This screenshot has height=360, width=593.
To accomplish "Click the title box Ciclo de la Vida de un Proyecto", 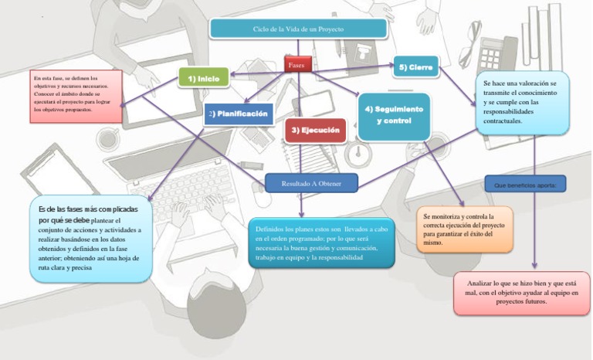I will [298, 29].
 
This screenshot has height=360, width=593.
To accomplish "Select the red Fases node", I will [296, 66].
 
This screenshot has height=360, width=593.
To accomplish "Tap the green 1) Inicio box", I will [204, 78].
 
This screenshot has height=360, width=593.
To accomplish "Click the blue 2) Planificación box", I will [239, 114].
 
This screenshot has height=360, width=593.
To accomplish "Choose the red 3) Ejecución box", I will [315, 131].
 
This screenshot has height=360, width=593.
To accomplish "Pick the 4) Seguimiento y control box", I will [394, 115].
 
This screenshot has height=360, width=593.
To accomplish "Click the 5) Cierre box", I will [415, 68].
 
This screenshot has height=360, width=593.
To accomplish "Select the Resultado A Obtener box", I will [311, 183].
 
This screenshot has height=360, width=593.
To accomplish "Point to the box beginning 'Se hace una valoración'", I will [522, 102].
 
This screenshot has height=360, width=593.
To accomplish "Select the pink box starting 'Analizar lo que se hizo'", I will [522, 293].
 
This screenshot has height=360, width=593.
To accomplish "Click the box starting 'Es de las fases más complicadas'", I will [90, 238].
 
